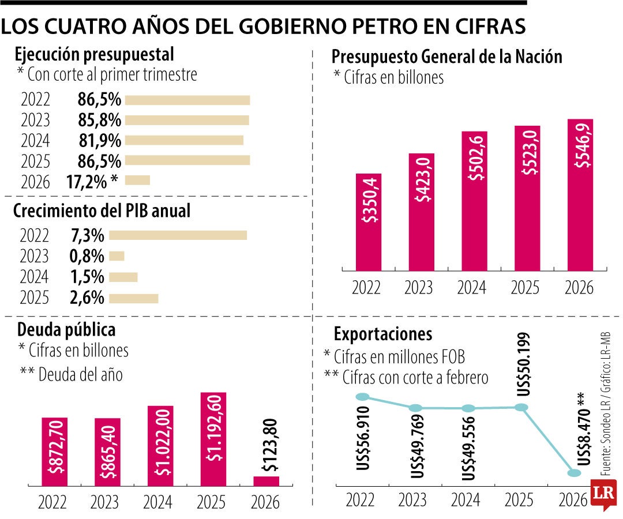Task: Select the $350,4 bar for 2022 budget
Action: click(369, 221)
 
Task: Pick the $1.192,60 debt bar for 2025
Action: click(213, 438)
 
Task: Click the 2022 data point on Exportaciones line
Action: click(362, 396)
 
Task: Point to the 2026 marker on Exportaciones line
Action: click(574, 473)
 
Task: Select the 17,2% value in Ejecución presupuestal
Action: click(87, 182)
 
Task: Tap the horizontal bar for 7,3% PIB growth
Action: click(178, 235)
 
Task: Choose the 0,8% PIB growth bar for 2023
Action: click(117, 256)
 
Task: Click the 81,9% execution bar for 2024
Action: click(184, 140)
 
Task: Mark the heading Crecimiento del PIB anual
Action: click(102, 211)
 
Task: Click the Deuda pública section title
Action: click(66, 330)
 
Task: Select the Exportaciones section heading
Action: click(382, 334)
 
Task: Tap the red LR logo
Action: click(603, 494)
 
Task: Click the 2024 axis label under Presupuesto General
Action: click(472, 287)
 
